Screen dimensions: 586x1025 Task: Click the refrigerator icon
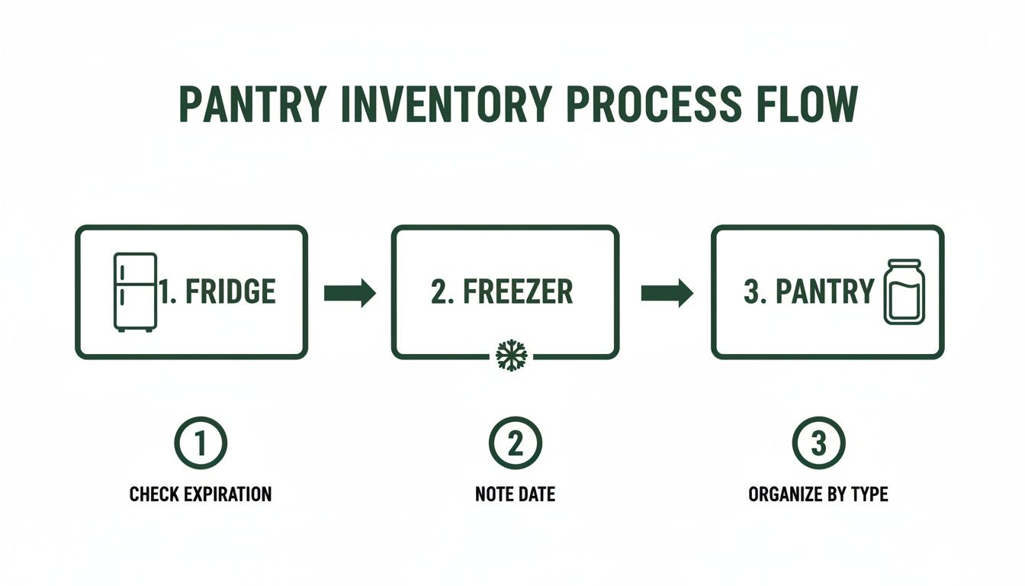[x=135, y=291]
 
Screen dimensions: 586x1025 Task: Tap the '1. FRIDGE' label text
[x=217, y=292]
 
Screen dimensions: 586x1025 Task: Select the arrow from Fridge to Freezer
[x=349, y=293]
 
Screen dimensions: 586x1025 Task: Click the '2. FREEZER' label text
[x=501, y=292]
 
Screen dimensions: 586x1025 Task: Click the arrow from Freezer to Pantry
[x=666, y=293]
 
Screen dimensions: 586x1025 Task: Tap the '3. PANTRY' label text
[x=808, y=292]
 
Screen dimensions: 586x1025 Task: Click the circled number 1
[x=201, y=443]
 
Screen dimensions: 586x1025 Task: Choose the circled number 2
[x=515, y=443]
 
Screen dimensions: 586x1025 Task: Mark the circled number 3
[x=818, y=443]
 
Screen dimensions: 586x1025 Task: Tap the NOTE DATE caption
[x=515, y=494]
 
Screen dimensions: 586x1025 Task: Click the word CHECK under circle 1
[x=154, y=494]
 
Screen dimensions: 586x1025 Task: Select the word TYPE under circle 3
[x=869, y=494]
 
